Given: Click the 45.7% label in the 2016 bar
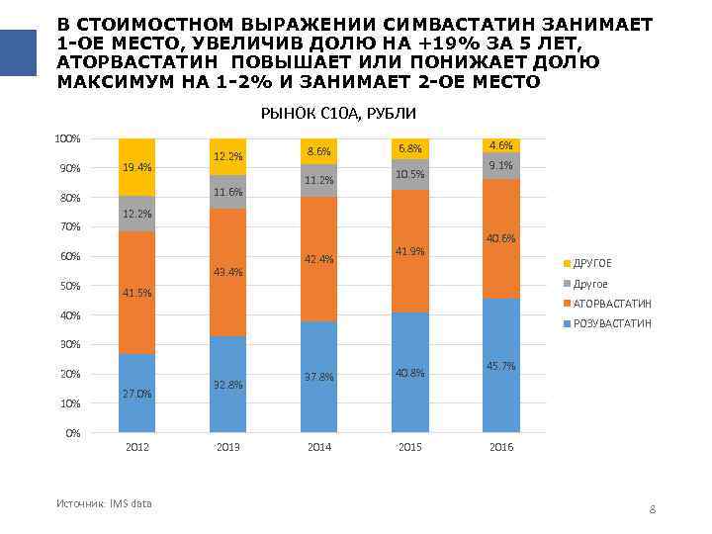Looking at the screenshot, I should [501, 366].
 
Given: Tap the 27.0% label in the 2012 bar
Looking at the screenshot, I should [136, 394].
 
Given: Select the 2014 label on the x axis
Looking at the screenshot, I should [318, 448].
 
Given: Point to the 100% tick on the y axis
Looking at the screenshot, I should [68, 138].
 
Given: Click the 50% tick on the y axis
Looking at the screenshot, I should [70, 286].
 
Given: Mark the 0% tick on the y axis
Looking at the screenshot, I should [73, 433].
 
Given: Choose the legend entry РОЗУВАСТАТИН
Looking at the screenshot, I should [612, 323].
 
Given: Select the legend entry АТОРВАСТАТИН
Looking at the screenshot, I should [612, 304].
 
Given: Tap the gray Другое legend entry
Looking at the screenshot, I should [591, 284].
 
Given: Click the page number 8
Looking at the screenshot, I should [653, 509].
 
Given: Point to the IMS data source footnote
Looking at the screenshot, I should [104, 503].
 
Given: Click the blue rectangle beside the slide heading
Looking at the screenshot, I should [18, 51].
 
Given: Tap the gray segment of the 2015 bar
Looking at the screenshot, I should [409, 175].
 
